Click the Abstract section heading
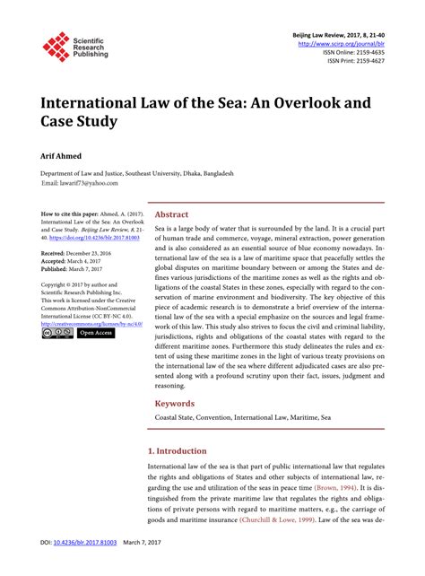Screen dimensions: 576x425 coord(171,215)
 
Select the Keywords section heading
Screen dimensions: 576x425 coord(175,404)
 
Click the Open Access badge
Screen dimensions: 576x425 coord(95,332)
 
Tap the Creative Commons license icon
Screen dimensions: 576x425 coord(57,332)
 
